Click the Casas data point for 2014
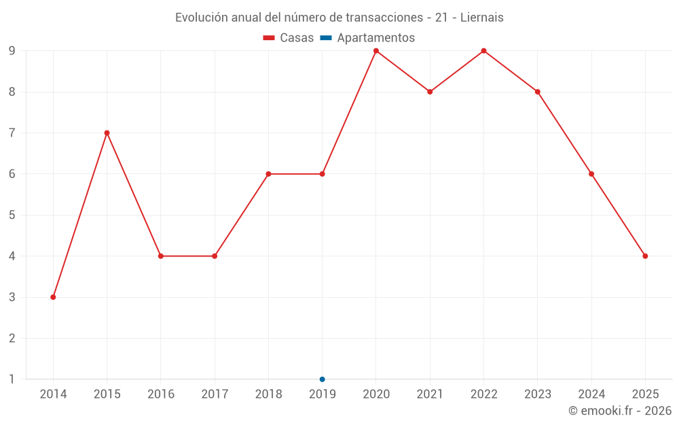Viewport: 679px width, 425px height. [53, 297]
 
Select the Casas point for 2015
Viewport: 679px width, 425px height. [107, 133]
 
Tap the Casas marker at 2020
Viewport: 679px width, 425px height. [376, 51]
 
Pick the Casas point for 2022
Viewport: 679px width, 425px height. [483, 51]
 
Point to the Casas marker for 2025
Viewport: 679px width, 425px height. [645, 256]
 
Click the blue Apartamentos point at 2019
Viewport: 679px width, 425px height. [323, 379]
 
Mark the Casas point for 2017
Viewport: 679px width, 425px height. [215, 256]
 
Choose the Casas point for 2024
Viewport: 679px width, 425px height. [591, 174]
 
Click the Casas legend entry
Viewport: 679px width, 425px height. [289, 38]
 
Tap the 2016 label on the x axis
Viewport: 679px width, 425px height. [161, 394]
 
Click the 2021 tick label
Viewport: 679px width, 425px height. [430, 394]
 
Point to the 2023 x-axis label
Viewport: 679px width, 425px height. [538, 394]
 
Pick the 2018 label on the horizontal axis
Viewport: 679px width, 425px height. [268, 394]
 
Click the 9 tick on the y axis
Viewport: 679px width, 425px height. [12, 51]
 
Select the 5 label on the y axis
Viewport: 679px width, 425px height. [12, 215]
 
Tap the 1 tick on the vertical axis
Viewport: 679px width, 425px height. [12, 379]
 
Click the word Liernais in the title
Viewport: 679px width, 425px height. [482, 18]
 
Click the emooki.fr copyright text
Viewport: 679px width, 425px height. [620, 411]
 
